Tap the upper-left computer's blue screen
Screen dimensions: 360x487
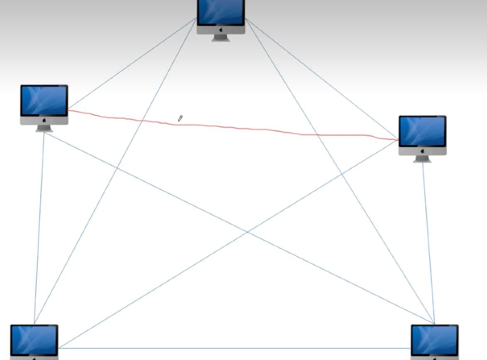coord(44,100)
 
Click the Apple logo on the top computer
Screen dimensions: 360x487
coord(221,29)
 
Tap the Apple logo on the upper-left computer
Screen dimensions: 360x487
coord(44,120)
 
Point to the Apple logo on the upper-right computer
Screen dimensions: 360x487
coord(423,151)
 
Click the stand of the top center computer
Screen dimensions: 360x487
coord(221,38)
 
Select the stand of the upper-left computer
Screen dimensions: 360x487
coord(44,128)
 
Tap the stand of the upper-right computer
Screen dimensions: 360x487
coord(423,159)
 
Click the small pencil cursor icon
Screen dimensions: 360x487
coord(180,119)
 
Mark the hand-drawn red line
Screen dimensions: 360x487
coord(249,129)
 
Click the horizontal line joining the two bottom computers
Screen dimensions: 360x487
coord(232,348)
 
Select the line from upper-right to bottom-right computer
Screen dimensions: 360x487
coord(429,241)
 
